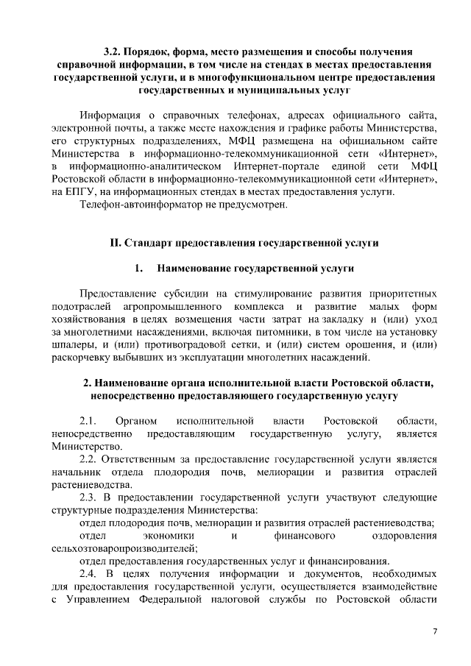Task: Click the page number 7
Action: [x=434, y=632]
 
